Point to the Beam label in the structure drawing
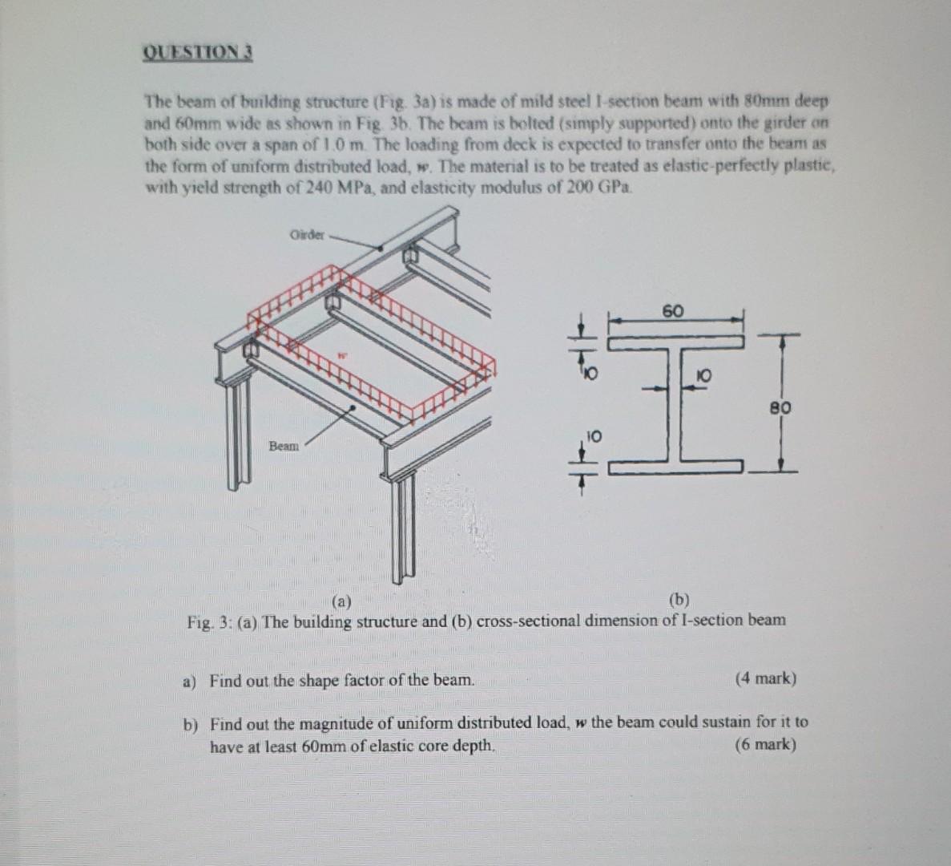point(284,446)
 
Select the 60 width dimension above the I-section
point(673,311)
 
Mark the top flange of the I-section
point(675,342)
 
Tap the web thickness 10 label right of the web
point(704,374)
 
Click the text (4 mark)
point(765,679)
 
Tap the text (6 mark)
point(765,745)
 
